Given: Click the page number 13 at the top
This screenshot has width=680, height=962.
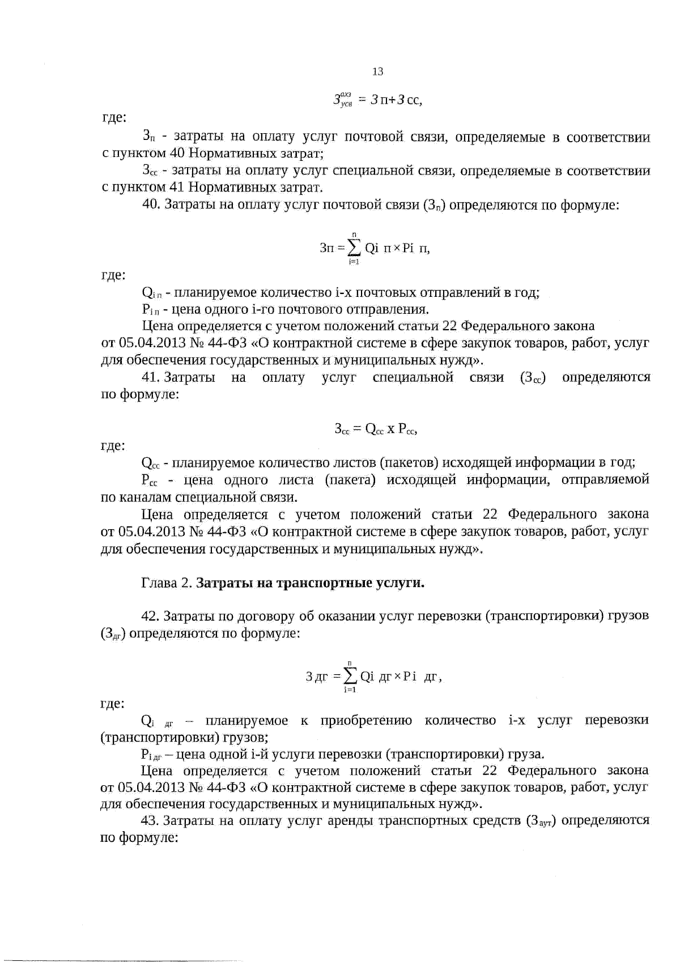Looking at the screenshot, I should tap(377, 71).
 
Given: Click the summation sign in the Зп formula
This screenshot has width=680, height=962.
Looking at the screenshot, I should tap(354, 248).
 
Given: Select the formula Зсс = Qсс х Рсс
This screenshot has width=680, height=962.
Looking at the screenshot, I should tap(376, 429).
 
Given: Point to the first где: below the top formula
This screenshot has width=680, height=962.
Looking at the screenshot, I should tap(113, 119).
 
